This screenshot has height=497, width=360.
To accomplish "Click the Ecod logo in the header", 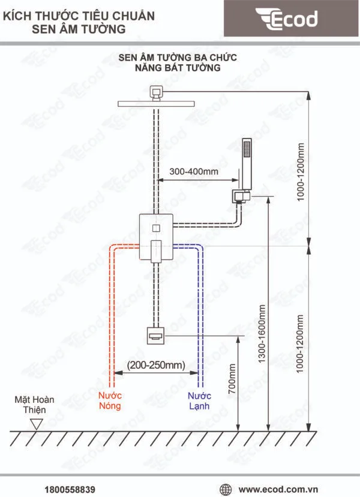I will (x=286, y=19).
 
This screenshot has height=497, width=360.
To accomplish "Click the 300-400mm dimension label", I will (x=194, y=171).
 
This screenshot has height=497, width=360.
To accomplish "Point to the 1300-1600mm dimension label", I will (x=262, y=333).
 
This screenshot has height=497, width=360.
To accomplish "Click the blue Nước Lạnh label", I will (x=200, y=401).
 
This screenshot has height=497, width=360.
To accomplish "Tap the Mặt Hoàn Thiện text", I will (x=37, y=404).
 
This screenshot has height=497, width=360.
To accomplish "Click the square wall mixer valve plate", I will (x=156, y=237).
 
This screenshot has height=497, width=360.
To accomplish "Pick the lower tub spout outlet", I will (x=155, y=335).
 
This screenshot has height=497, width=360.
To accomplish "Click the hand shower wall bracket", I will (x=241, y=195).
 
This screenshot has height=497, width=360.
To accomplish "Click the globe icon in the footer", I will (x=226, y=489).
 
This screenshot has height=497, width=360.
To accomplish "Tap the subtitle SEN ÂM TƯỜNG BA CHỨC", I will (x=178, y=58).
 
